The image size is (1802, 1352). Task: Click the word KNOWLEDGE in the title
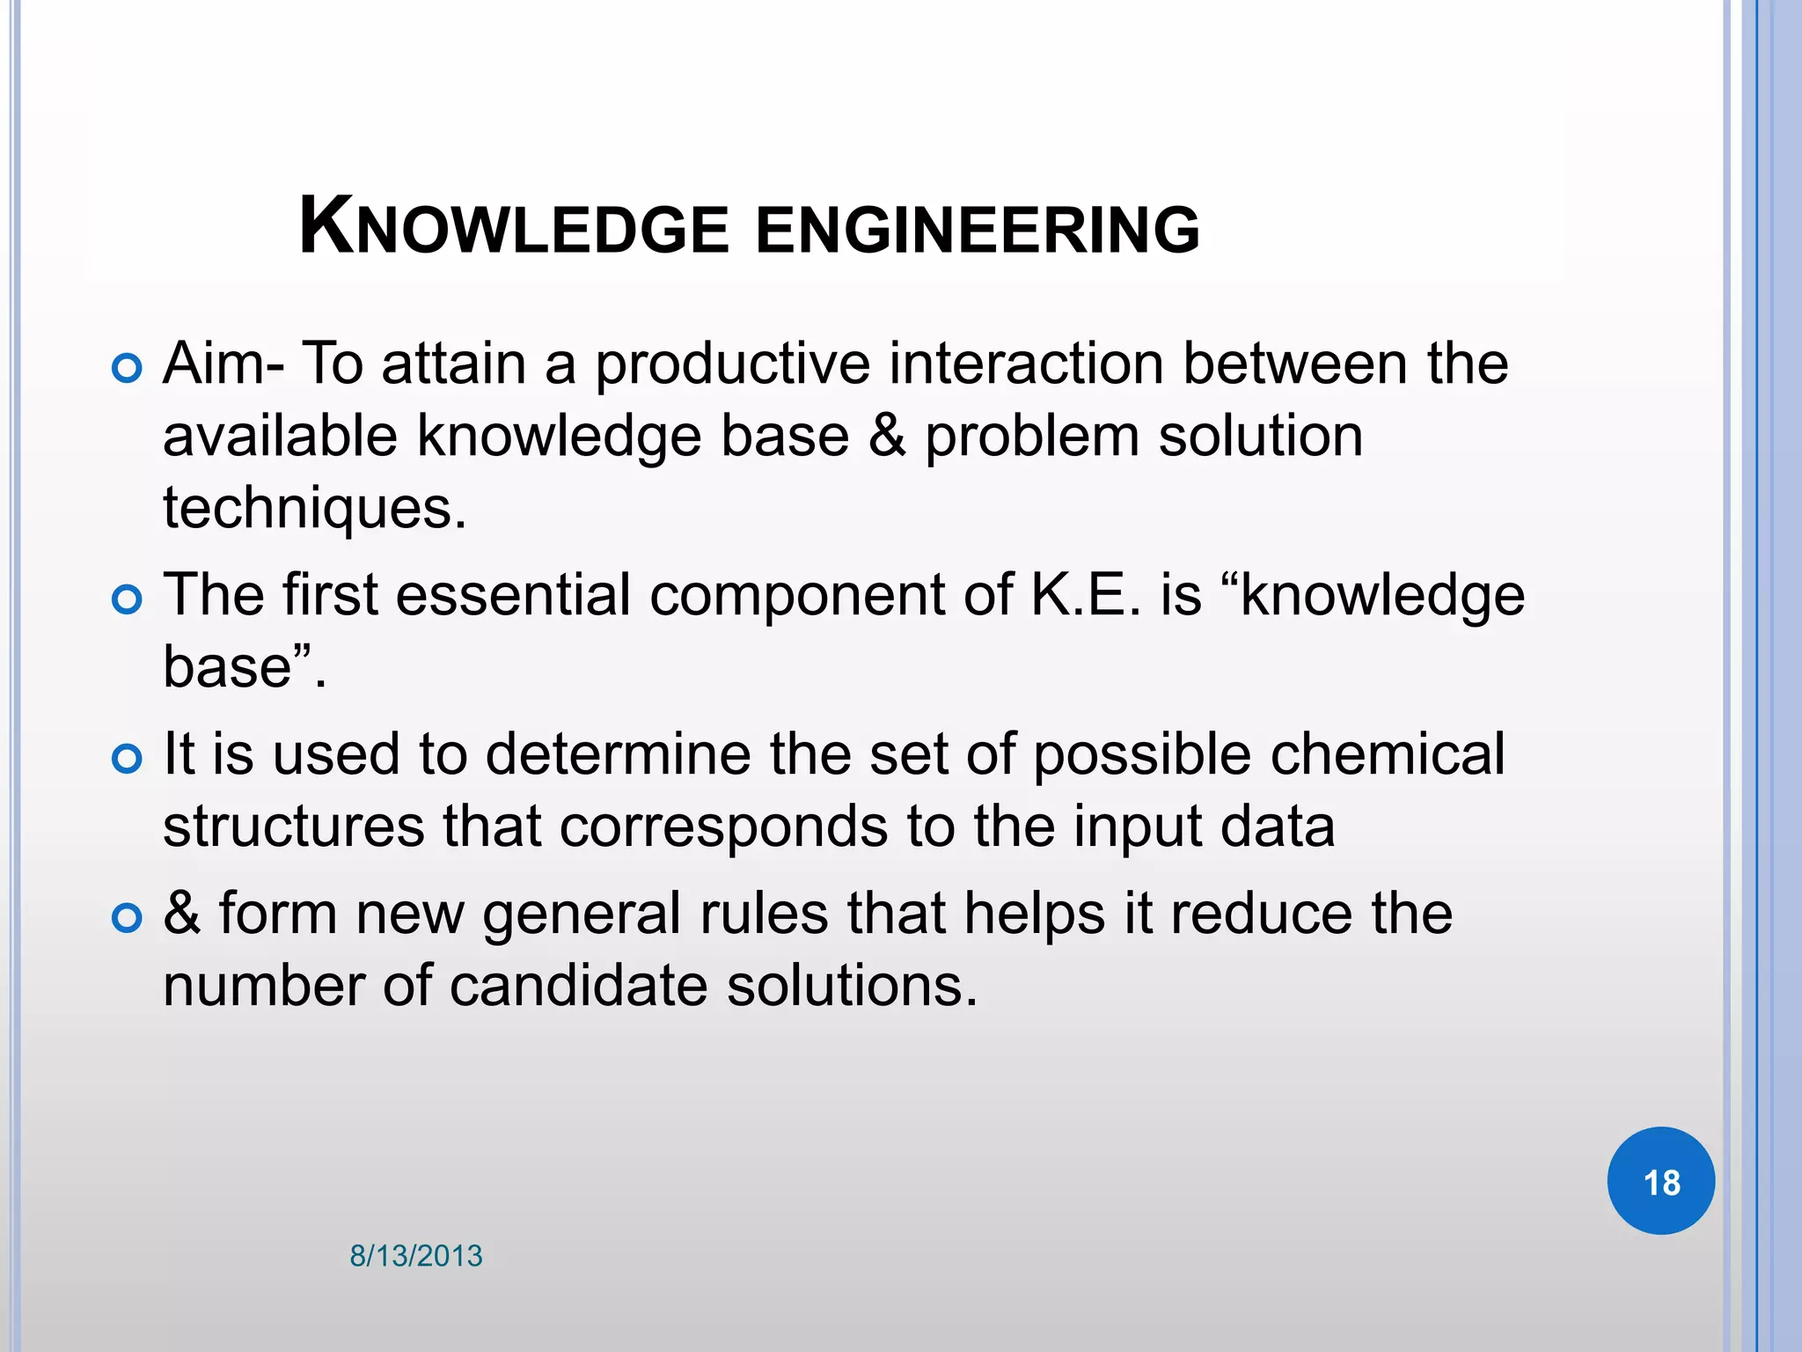click(x=514, y=228)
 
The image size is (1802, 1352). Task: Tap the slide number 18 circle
click(x=1660, y=1181)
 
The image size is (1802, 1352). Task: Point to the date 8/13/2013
click(x=416, y=1256)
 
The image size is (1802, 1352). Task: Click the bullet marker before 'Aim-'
click(x=128, y=369)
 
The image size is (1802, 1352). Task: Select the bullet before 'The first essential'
click(x=128, y=600)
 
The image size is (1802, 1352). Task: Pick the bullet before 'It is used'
click(x=128, y=759)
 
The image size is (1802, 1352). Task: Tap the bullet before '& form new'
click(x=128, y=918)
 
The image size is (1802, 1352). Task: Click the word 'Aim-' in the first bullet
click(x=223, y=363)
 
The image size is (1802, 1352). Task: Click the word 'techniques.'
click(x=314, y=510)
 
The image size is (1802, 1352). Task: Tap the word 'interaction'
click(x=1026, y=364)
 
